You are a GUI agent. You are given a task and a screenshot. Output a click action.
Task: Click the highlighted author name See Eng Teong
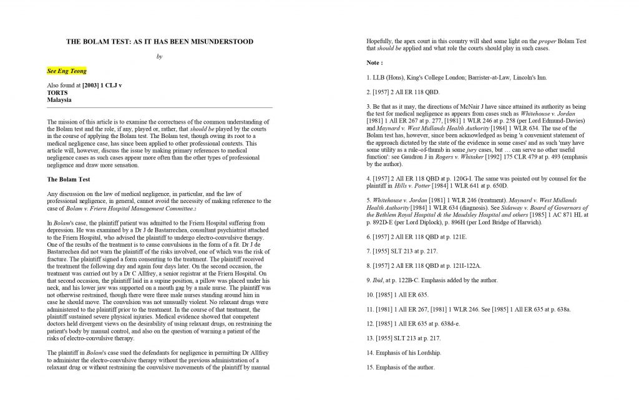tap(67, 71)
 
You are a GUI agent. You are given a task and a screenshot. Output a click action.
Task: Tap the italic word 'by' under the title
tap(159, 56)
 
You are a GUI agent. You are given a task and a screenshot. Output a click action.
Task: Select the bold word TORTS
tap(57, 92)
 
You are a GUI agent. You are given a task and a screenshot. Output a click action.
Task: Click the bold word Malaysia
tap(60, 99)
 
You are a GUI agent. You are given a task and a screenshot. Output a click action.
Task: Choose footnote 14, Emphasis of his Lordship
tap(405, 353)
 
